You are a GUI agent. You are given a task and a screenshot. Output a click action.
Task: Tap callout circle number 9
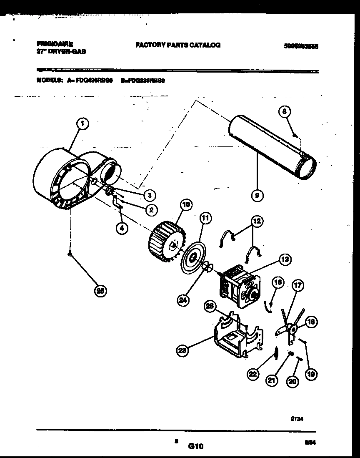(x=257, y=194)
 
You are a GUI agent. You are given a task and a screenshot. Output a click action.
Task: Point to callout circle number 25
(x=100, y=291)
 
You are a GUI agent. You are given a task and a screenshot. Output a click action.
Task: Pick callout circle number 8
(x=284, y=111)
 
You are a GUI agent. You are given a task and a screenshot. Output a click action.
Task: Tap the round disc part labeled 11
(x=193, y=258)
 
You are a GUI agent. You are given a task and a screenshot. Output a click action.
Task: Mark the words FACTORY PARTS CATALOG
(x=178, y=45)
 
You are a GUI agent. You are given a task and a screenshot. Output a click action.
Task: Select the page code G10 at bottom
(x=195, y=446)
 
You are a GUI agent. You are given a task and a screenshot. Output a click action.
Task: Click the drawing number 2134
(x=297, y=421)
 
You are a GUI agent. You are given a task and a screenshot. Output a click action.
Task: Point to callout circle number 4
(x=122, y=228)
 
